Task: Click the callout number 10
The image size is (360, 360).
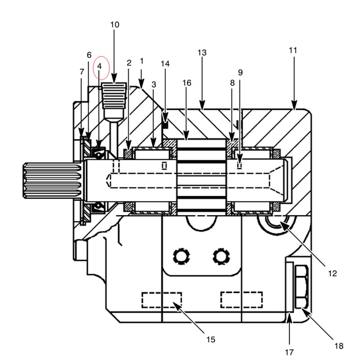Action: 115,25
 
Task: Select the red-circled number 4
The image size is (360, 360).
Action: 99,66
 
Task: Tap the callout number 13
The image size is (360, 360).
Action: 202,53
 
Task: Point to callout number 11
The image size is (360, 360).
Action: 293,50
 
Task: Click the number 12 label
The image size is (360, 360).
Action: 332,274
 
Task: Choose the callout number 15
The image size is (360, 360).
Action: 211,339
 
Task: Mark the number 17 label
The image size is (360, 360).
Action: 289,352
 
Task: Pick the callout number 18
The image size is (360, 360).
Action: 339,346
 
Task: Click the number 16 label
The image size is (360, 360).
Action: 187,83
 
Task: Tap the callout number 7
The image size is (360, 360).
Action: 82,72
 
